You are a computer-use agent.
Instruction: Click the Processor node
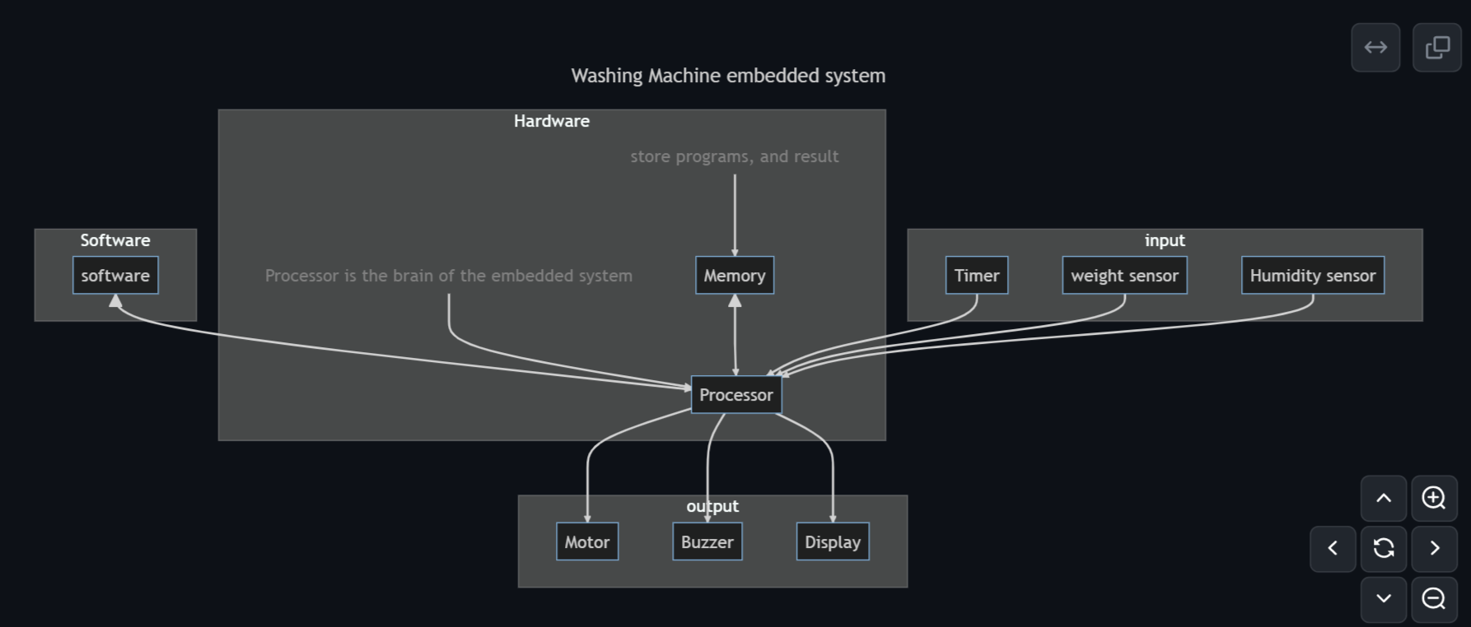pos(735,395)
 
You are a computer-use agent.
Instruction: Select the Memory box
pos(734,276)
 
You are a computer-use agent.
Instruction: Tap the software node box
pos(115,276)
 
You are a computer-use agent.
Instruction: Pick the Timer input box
pos(976,276)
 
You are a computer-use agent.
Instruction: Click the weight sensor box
pos(1124,276)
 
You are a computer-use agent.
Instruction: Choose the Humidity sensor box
pos(1312,276)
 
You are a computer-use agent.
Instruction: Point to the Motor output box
pos(586,542)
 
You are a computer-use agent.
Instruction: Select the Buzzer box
pos(707,542)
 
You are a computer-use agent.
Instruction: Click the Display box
pos(832,542)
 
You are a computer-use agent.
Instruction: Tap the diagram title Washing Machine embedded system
pos(728,76)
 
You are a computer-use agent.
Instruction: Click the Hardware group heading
pos(551,121)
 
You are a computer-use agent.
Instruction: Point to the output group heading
pos(712,506)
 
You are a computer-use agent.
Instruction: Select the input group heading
pos(1164,240)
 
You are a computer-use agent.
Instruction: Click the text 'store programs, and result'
pos(734,156)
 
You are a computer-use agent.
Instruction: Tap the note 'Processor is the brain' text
pos(448,276)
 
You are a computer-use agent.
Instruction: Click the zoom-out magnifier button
pos(1433,598)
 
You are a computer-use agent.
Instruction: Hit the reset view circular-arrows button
pos(1383,548)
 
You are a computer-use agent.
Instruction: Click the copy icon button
pos(1436,48)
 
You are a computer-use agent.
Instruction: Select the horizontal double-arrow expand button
pos(1375,48)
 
